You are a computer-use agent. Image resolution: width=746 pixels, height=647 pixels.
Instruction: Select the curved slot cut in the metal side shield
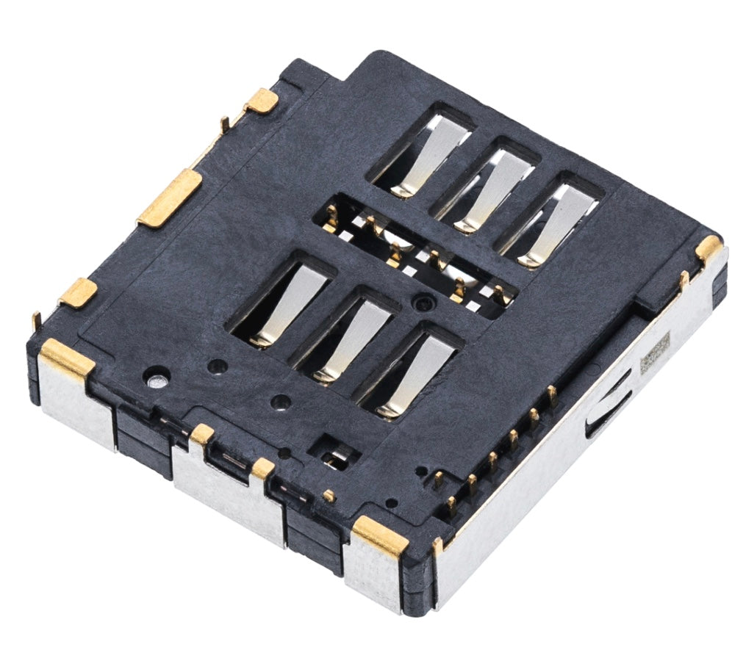609,405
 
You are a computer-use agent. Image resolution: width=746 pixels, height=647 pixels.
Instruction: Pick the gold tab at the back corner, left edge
262,101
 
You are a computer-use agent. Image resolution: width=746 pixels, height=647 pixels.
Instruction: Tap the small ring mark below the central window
420,301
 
